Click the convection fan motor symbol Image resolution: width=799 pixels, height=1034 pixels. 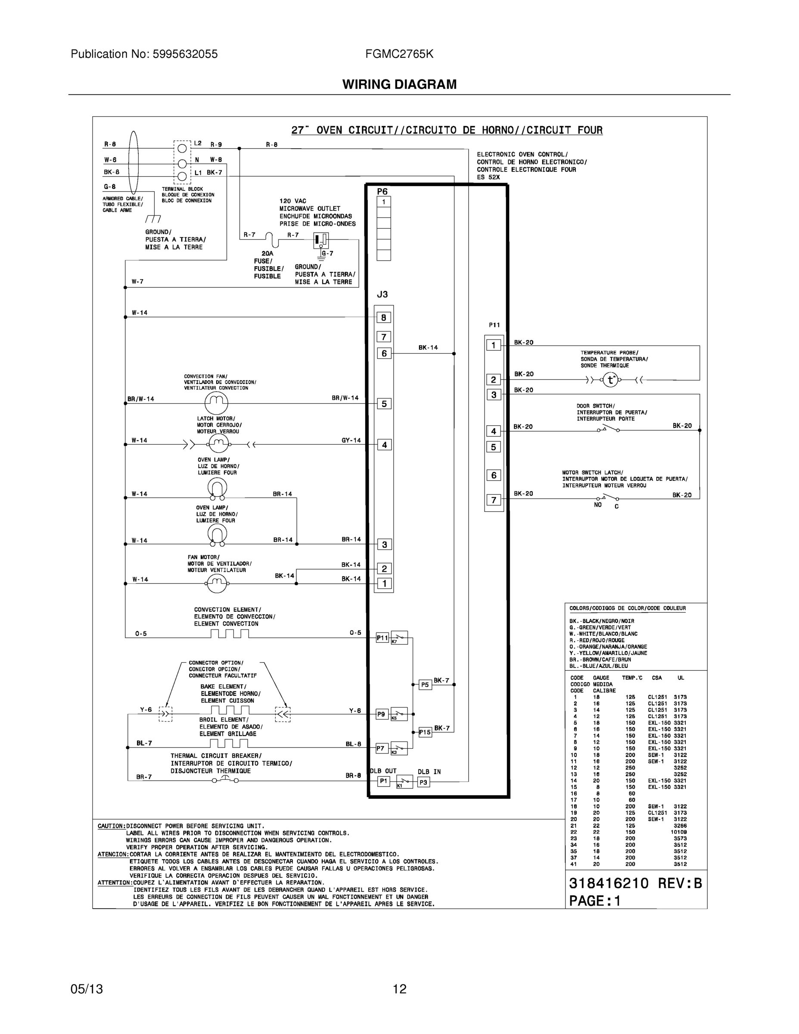pyautogui.click(x=216, y=403)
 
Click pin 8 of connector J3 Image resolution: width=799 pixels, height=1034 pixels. pyautogui.click(x=383, y=318)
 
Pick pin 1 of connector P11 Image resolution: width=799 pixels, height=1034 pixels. pyautogui.click(x=493, y=345)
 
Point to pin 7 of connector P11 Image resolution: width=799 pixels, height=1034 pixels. pyautogui.click(x=493, y=500)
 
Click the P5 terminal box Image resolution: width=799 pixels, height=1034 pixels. pyautogui.click(x=425, y=685)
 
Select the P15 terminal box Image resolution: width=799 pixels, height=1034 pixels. pyautogui.click(x=425, y=732)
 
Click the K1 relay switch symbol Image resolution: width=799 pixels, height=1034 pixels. pyautogui.click(x=403, y=781)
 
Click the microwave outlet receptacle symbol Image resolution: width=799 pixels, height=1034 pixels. pyautogui.click(x=320, y=240)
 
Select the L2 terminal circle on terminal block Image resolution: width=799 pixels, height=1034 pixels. pyautogui.click(x=182, y=149)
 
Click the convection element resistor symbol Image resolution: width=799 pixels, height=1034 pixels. pyautogui.click(x=230, y=633)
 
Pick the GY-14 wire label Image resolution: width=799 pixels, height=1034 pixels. pyautogui.click(x=351, y=440)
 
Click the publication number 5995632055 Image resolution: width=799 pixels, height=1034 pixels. pyautogui.click(x=185, y=54)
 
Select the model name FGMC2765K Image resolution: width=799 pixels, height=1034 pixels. pyautogui.click(x=399, y=54)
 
